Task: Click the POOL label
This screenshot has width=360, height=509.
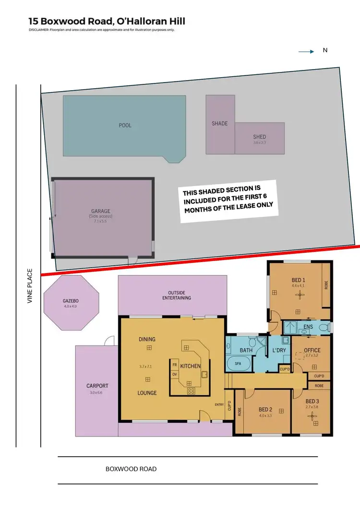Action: click(x=125, y=126)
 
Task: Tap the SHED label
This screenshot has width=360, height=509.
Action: click(x=259, y=137)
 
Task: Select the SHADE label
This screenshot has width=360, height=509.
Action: click(x=220, y=124)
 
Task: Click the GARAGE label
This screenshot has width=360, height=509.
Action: click(x=101, y=211)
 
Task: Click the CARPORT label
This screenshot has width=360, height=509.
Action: click(x=97, y=386)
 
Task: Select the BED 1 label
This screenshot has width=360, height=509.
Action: click(x=299, y=280)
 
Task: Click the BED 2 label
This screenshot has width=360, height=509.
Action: click(x=265, y=409)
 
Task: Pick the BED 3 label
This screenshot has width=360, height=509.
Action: click(x=312, y=401)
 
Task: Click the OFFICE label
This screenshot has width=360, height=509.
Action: click(x=312, y=350)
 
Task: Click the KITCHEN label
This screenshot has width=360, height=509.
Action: click(x=191, y=366)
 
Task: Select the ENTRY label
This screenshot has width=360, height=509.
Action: click(x=219, y=404)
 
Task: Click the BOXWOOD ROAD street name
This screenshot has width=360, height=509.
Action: click(x=131, y=469)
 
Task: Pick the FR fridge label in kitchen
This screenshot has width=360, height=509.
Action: click(x=175, y=364)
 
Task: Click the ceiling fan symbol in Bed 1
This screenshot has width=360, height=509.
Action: click(x=299, y=297)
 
